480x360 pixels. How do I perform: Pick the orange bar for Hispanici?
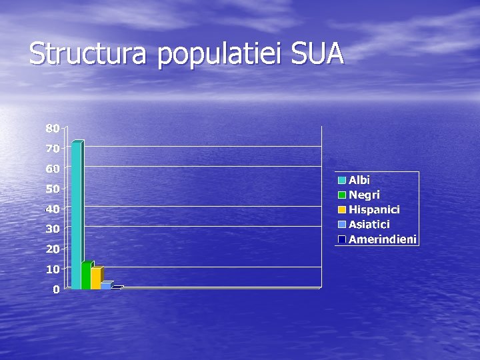click(x=96, y=278)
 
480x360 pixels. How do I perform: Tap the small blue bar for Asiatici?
click(x=106, y=285)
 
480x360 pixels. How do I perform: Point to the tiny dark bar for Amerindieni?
click(x=117, y=287)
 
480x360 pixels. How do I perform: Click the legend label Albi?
click(x=359, y=180)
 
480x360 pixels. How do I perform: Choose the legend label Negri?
click(x=364, y=195)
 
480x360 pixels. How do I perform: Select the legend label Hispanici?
click(x=374, y=209)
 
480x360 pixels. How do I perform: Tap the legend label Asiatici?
click(x=369, y=225)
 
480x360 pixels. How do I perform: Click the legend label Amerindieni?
click(x=383, y=239)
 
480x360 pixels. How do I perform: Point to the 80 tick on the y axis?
click(x=53, y=127)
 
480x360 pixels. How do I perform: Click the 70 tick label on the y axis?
click(x=53, y=148)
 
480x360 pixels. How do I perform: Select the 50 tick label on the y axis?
click(x=53, y=189)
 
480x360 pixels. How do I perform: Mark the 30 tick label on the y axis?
click(x=53, y=229)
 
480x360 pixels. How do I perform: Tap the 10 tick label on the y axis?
click(x=53, y=269)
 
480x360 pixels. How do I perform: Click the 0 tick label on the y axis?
click(x=57, y=289)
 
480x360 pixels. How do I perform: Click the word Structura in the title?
click(x=87, y=54)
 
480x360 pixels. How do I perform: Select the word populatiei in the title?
click(x=221, y=55)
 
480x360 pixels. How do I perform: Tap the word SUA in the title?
click(x=317, y=53)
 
